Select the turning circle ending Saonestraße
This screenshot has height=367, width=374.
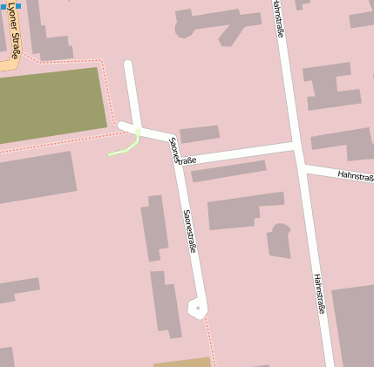[199, 307]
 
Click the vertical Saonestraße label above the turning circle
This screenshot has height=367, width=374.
[189, 231]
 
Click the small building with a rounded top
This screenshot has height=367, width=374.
[279, 241]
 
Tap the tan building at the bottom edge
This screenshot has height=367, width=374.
[182, 362]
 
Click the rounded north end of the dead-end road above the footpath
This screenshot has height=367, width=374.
[129, 65]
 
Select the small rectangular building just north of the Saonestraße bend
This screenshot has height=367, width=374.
[200, 134]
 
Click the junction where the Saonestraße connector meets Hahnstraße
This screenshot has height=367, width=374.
[296, 146]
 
